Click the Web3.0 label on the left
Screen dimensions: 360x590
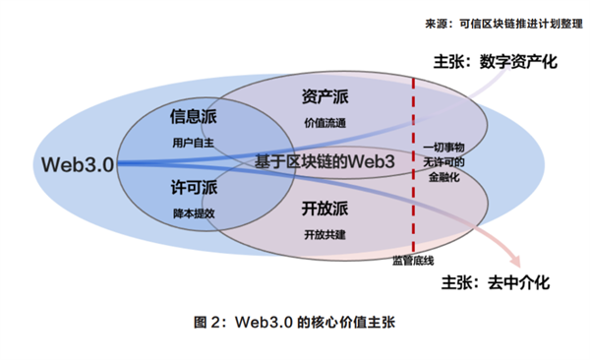point(78,161)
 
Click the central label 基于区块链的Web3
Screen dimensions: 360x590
point(324,160)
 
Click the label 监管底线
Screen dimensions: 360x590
point(412,263)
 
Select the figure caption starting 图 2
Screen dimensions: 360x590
point(295,323)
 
